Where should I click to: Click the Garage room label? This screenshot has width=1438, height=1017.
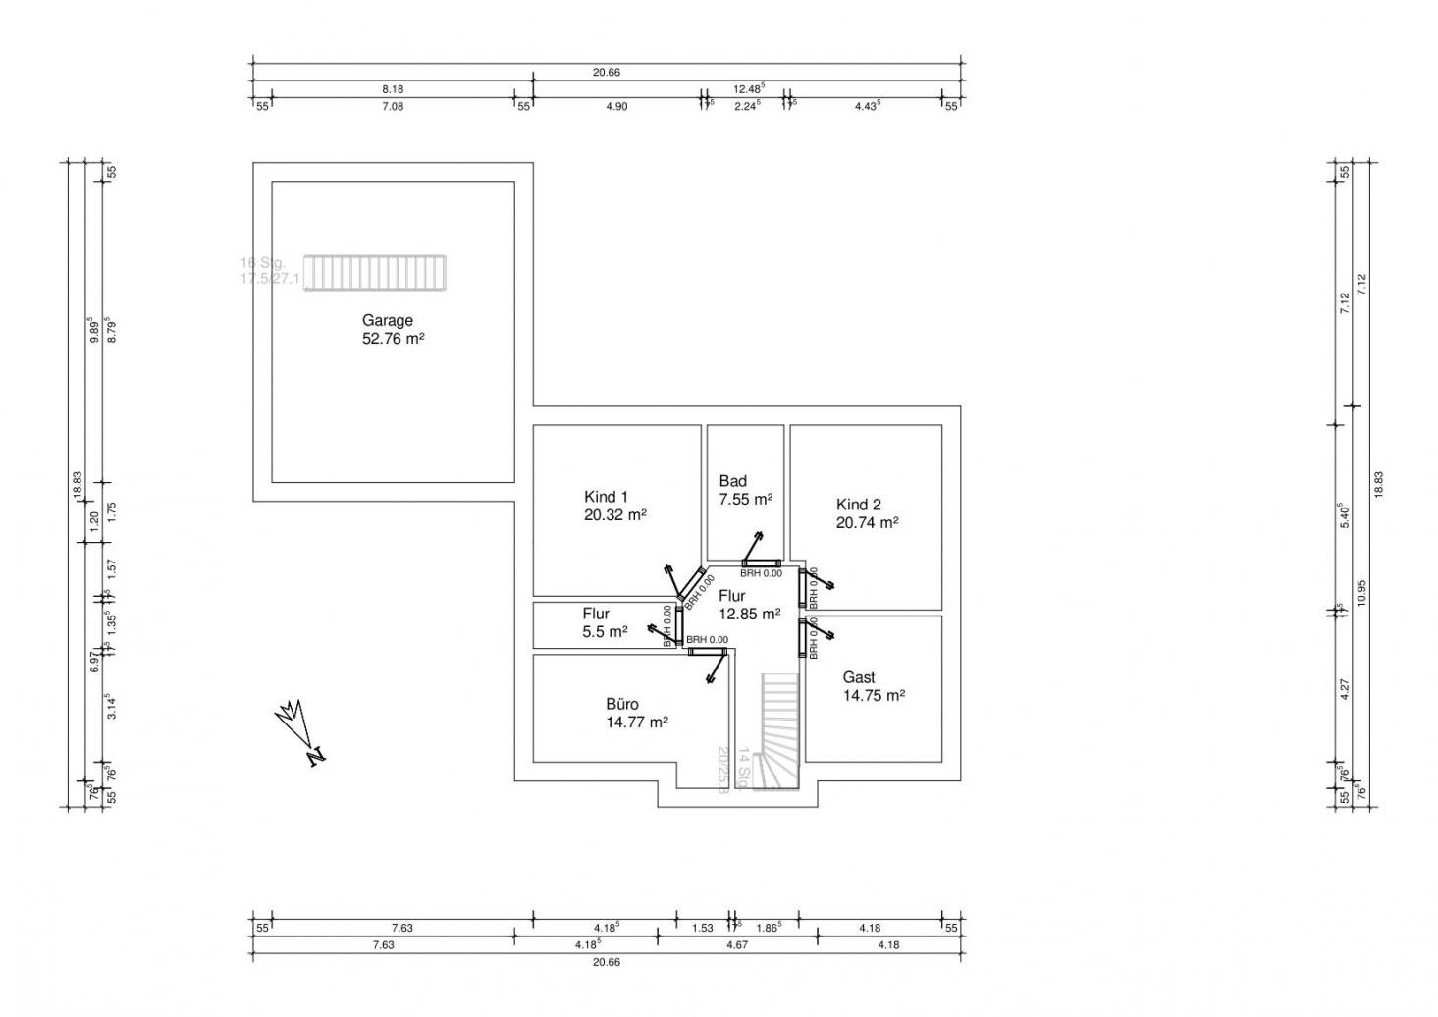pos(387,320)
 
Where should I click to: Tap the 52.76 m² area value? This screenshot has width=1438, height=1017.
pos(393,339)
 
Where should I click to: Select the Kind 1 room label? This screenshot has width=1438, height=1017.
pos(606,496)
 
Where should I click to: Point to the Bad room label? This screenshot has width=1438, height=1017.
pos(732,481)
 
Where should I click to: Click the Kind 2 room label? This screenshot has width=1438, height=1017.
pos(858,505)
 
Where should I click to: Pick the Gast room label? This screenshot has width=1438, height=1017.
pos(858,677)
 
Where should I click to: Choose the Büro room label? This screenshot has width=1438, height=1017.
pos(622,704)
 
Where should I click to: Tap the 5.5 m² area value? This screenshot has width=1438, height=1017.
pos(605,632)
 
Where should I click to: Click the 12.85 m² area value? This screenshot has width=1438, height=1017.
pos(749,614)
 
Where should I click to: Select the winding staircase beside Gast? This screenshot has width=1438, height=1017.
pos(781,730)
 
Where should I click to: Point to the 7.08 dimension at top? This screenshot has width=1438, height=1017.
pos(392,106)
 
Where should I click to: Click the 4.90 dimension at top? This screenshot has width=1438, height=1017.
pos(615,106)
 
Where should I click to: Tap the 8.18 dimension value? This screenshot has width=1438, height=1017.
pos(392,88)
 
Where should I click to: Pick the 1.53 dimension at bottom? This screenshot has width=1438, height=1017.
pos(702,927)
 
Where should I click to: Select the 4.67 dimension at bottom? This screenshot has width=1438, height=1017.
pos(736,945)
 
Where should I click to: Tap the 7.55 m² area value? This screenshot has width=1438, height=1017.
pos(745,499)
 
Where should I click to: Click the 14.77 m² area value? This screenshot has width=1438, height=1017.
pos(637,723)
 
